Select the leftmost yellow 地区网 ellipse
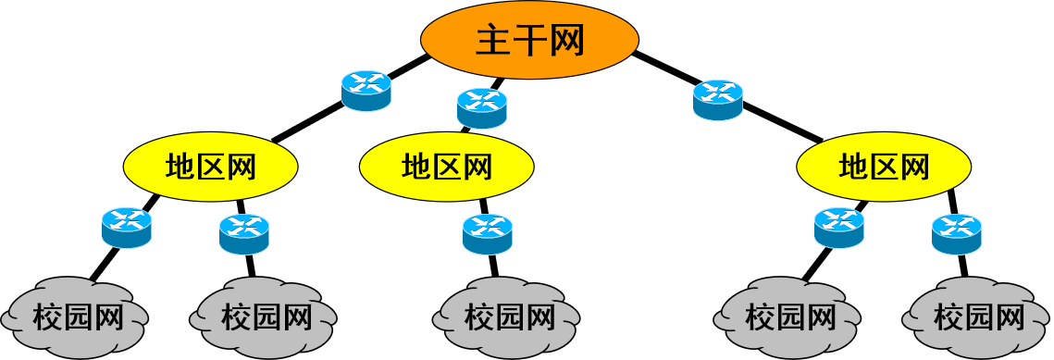210,167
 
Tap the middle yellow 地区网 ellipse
446,167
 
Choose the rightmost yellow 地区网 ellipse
884,167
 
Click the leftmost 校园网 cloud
77,317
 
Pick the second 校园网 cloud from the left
266,317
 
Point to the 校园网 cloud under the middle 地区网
508,317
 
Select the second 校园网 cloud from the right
789,317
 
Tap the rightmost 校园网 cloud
978,317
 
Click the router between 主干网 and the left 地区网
366,91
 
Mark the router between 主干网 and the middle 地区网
481,107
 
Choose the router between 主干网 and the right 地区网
717,99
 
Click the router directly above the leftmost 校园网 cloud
126,228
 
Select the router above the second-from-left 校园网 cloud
243,234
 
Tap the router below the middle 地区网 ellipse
487,234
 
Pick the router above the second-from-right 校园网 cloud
838,228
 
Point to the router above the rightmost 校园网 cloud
956,234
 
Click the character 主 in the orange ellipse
493,40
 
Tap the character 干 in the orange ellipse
529,40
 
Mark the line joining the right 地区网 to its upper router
782,124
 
